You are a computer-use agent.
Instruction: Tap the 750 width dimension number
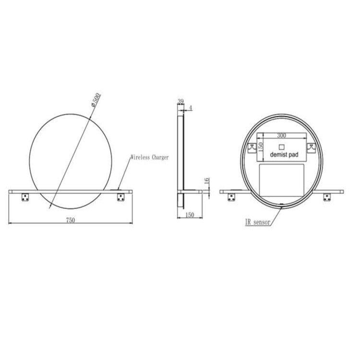70,220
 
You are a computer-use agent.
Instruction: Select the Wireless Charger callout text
149,157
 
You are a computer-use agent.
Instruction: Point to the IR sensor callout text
257,222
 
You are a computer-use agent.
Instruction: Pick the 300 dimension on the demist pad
281,136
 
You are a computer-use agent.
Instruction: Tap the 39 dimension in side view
180,101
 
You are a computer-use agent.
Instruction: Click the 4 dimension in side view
191,108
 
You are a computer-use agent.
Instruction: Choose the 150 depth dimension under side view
189,216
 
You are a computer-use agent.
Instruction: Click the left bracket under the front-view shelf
25,197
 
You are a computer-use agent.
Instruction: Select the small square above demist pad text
282,146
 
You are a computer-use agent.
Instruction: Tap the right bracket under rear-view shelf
327,197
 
